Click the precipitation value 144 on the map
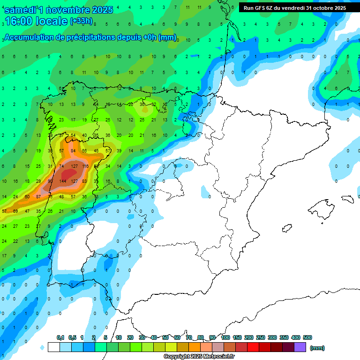(62, 181)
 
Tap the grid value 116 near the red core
(85, 166)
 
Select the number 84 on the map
(73, 150)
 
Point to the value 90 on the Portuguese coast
(50, 181)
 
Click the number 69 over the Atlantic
(15, 211)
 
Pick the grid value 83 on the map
(84, 181)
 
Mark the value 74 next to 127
(61, 166)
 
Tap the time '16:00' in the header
(19, 21)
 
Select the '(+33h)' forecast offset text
(82, 21)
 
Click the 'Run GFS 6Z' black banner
(295, 8)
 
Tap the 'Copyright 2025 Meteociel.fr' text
(199, 356)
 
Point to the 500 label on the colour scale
(307, 337)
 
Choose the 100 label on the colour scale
(225, 337)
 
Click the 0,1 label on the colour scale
(60, 337)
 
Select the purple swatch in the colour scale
(300, 347)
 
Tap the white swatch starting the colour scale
(53, 347)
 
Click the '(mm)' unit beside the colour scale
(317, 348)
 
